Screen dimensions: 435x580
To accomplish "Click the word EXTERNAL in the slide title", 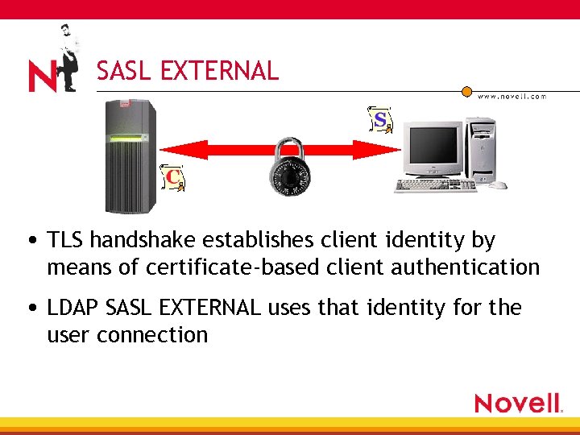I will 219,72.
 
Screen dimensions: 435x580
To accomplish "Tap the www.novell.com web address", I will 512,96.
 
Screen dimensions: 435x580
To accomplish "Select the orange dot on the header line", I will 466,91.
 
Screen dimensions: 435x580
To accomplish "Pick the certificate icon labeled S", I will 379,119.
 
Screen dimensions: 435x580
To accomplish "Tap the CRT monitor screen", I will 433,145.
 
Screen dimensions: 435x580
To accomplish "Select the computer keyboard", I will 435,185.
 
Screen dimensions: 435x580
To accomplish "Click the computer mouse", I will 498,184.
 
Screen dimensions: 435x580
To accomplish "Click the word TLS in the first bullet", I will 66,240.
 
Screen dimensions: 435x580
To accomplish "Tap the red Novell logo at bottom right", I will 517,403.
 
